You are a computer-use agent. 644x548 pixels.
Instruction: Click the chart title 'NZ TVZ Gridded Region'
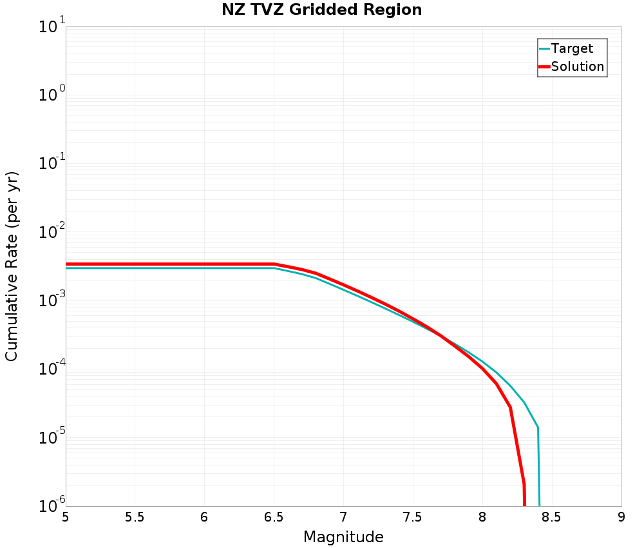coord(321,10)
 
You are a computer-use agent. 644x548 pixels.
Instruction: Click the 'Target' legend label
coord(572,48)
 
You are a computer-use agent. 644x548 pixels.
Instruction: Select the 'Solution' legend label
coord(578,66)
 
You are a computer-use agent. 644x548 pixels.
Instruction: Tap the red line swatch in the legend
coord(544,66)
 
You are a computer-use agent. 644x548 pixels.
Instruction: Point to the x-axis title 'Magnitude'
coord(343,537)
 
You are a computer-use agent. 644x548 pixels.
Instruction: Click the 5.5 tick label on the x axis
coord(135,518)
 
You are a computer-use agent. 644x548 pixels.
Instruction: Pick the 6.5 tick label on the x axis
coord(274,518)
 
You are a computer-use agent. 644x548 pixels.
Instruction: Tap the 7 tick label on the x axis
coord(343,518)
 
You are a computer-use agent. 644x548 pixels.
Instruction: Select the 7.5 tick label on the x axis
coord(413,518)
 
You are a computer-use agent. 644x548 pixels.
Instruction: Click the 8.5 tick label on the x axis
coord(552,518)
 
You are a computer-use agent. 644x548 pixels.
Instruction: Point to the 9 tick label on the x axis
coord(621,518)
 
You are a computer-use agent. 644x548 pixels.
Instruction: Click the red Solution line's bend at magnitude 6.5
coord(274,264)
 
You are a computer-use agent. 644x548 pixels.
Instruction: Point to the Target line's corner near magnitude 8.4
coord(538,427)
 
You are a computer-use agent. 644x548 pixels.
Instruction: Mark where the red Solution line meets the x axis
coord(525,505)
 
